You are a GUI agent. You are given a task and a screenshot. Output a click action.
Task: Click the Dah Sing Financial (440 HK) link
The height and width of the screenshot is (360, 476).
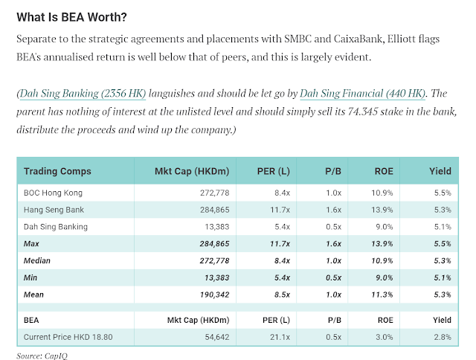[362, 93]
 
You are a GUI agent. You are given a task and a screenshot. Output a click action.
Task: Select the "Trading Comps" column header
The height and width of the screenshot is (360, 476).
[57, 171]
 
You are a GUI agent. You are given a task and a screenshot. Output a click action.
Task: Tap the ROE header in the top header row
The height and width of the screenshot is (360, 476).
[384, 171]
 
